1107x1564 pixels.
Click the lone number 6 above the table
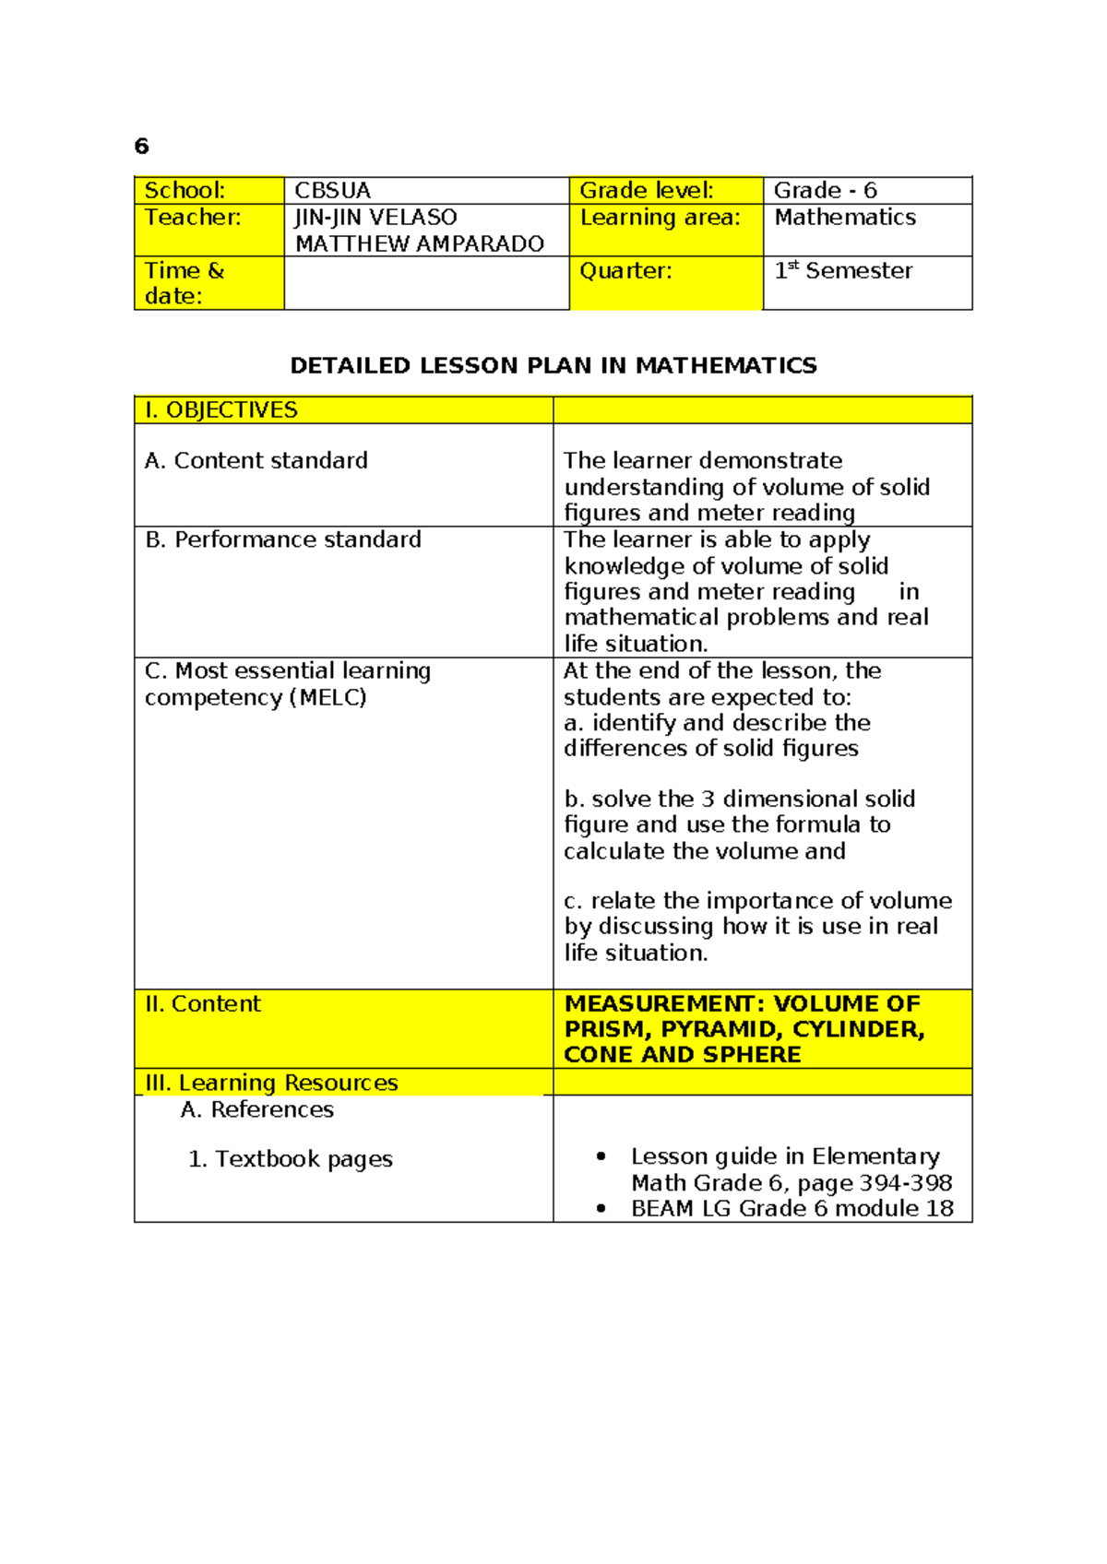click(141, 147)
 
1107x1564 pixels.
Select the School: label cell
click(185, 191)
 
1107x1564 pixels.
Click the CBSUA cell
click(332, 191)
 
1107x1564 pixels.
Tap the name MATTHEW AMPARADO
click(419, 244)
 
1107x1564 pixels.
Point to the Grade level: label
click(646, 191)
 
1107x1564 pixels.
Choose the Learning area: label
click(660, 218)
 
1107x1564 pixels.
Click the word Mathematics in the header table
click(845, 218)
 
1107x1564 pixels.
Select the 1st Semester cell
click(843, 271)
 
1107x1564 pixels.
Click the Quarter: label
click(625, 271)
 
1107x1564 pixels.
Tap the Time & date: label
click(184, 283)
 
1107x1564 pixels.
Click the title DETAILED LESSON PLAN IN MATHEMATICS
click(553, 366)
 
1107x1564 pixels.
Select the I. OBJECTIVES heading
click(221, 410)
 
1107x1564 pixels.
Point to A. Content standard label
click(256, 461)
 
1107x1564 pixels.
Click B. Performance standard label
click(283, 539)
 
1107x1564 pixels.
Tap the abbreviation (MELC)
click(327, 698)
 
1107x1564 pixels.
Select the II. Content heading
click(203, 1004)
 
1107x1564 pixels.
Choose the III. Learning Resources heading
click(271, 1083)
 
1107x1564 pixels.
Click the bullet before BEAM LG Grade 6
click(601, 1209)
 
